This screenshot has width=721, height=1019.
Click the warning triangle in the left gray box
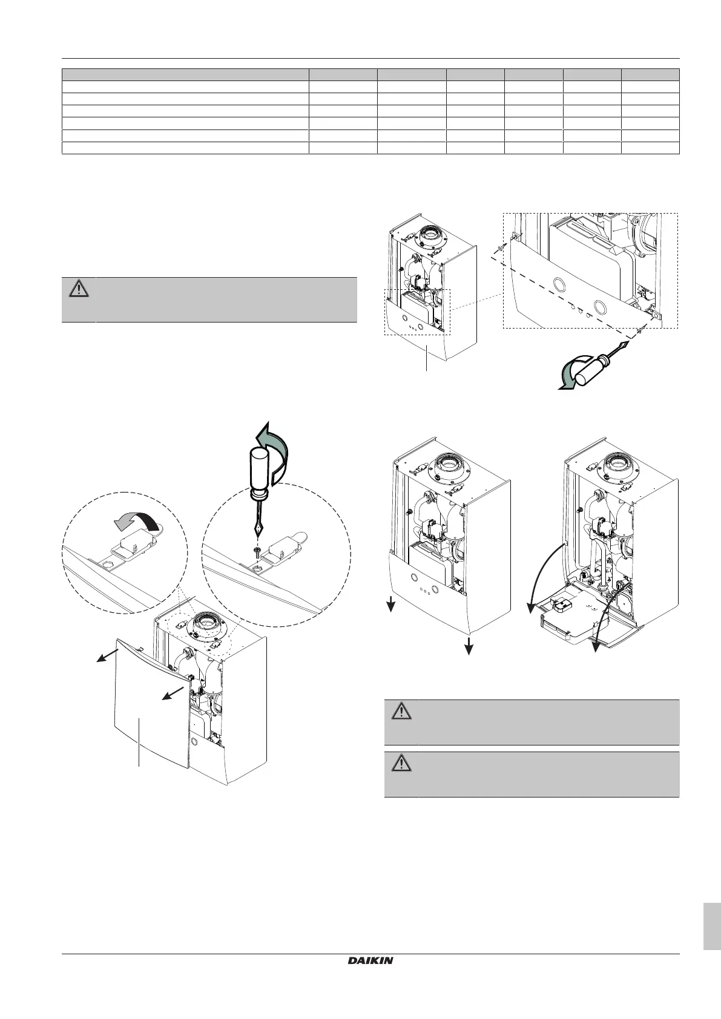(78, 289)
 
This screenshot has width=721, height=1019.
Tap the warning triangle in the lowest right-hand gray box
(400, 764)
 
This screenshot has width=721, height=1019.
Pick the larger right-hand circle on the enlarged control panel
(602, 305)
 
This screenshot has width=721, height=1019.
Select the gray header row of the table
(370, 75)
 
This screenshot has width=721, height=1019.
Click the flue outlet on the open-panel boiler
(616, 467)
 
